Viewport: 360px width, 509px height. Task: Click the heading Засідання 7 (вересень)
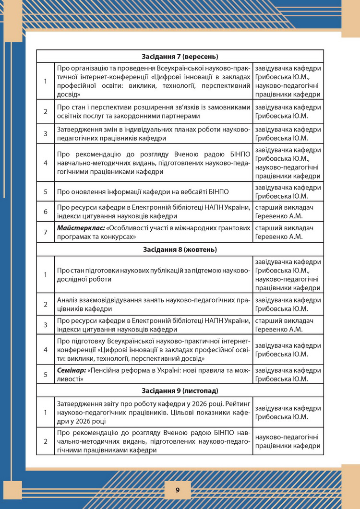point(180,56)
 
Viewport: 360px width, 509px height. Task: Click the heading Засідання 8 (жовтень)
point(180,249)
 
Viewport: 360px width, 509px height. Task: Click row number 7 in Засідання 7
point(46,232)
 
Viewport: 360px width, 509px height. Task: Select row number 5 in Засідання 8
point(46,374)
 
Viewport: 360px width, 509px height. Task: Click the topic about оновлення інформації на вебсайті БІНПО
point(143,192)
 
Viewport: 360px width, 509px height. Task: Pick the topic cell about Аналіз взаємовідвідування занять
point(154,304)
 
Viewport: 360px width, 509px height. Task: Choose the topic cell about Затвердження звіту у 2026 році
point(154,412)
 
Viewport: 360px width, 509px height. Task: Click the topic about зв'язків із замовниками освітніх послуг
point(154,111)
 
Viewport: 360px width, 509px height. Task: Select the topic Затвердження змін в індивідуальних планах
point(154,134)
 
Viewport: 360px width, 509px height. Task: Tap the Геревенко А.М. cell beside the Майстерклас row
point(288,232)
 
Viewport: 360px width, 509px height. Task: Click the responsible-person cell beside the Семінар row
point(288,374)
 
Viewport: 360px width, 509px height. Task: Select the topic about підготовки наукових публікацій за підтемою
point(154,274)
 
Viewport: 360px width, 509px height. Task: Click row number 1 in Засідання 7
point(46,81)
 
